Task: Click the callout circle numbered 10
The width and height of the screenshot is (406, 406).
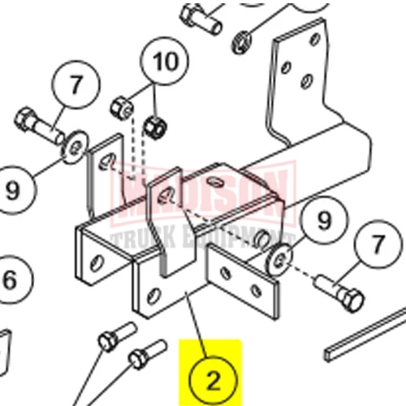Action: coord(165,61)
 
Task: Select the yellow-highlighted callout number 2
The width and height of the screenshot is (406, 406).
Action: coord(214,380)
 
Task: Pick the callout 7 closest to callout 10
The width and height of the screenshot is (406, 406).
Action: coord(76,84)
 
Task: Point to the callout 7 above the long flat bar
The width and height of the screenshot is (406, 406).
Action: coord(378,244)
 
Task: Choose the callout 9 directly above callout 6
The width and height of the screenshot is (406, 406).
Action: coord(13,190)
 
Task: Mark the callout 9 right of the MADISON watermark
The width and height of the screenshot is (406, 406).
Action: coord(324,219)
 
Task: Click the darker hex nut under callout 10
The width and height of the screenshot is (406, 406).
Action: coord(155,127)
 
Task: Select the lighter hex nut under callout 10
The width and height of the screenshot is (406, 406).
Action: coord(123,109)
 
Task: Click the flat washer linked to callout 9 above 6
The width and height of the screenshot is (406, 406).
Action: coord(75,147)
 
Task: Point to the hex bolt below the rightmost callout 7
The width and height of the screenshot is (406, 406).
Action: coord(340,293)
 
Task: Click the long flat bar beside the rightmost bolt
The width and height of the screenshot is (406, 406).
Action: coord(365,335)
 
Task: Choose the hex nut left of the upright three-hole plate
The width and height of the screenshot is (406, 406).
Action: coord(242,42)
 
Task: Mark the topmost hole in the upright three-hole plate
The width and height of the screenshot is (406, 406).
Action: coord(315,40)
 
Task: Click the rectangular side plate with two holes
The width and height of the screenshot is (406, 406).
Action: coord(243,282)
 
